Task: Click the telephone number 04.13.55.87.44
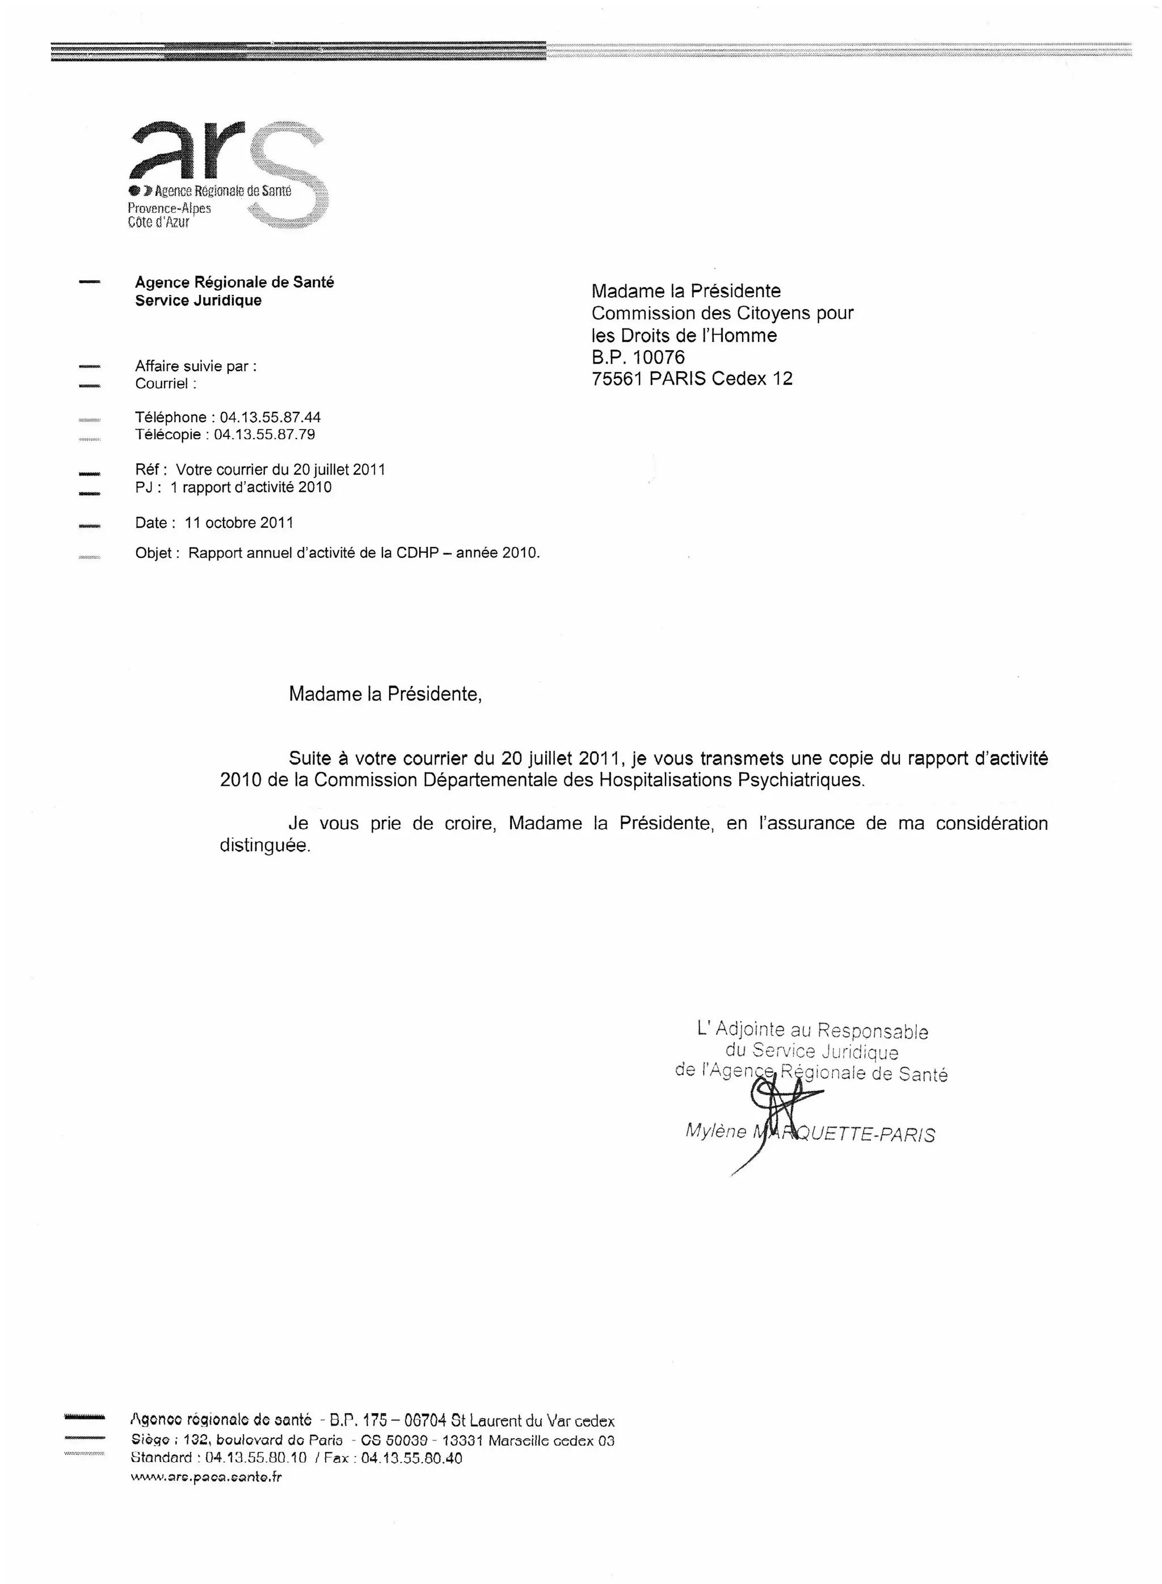[x=270, y=417]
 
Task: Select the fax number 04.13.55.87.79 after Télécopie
[x=264, y=435]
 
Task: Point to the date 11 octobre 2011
[x=239, y=523]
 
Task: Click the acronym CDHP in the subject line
[x=416, y=553]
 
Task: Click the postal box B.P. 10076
[x=637, y=357]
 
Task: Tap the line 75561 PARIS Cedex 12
[x=692, y=378]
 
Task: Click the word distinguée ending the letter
[x=264, y=845]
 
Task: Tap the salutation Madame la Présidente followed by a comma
[x=385, y=694]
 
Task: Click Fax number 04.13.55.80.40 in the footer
[x=411, y=1458]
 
